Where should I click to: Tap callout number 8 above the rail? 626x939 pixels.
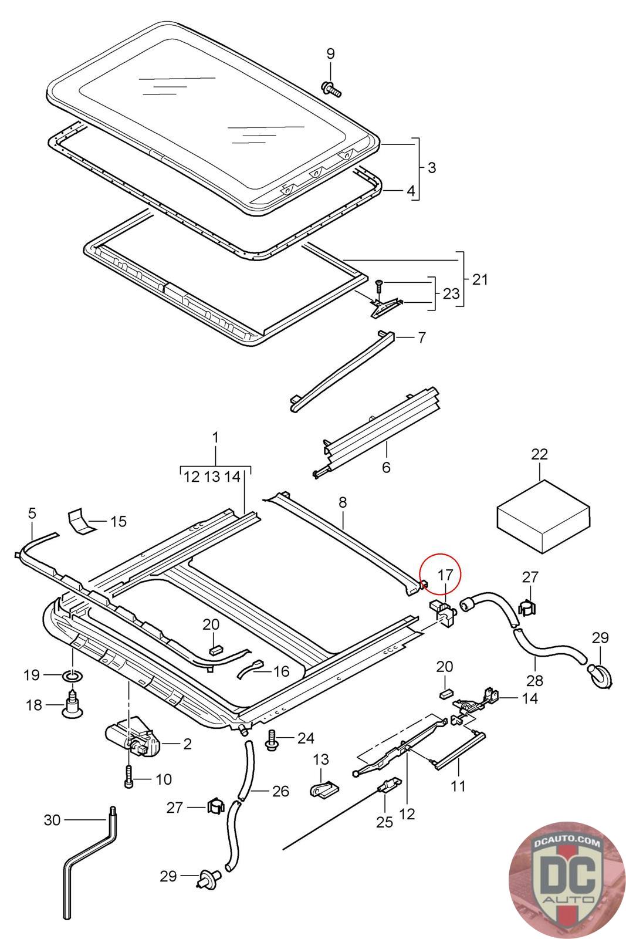[x=343, y=502]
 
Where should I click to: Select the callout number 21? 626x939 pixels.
[x=480, y=279]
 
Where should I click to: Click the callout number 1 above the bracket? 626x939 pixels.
[x=215, y=437]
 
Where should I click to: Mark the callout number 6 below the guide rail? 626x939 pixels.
[x=385, y=467]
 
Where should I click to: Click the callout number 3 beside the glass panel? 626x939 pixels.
[x=432, y=167]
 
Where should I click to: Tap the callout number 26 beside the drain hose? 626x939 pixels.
[x=280, y=791]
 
